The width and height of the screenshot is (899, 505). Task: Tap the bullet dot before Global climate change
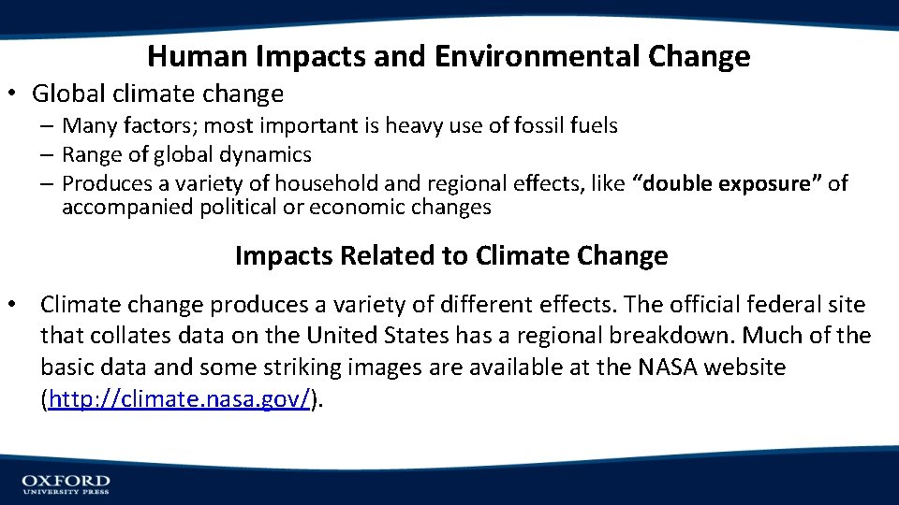coord(17,94)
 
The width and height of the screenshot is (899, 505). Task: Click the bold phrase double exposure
coord(728,183)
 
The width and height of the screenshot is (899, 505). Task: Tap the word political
coord(240,208)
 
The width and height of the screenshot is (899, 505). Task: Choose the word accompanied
coord(128,208)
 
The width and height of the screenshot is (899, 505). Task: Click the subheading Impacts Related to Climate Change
coord(450,255)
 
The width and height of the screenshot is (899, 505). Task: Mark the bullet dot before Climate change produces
coord(14,305)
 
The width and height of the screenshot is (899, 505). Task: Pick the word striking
coord(366,368)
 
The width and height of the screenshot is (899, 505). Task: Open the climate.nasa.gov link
coord(179,400)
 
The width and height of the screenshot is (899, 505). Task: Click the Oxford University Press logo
coord(66,483)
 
